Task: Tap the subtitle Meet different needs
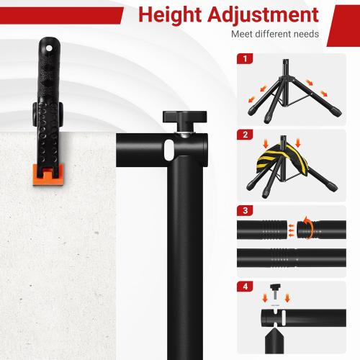point(271,34)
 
